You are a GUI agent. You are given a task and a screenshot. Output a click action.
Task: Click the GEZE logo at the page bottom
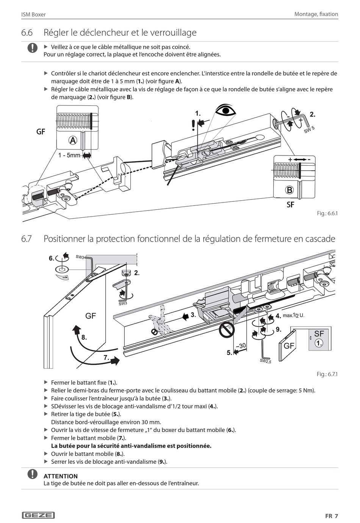[39, 515]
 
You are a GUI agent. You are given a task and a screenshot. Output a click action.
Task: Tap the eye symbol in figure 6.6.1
[225, 110]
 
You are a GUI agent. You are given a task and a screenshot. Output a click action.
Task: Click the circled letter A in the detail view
[73, 141]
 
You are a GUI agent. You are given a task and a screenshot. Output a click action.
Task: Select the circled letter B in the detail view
[289, 190]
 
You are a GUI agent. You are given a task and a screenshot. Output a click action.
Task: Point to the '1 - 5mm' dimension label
[69, 155]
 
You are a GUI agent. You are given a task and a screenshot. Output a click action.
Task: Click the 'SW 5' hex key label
[309, 130]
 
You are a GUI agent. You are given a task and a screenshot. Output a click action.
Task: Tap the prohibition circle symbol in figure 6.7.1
[227, 330]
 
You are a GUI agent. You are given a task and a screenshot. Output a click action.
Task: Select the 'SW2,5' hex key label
[266, 361]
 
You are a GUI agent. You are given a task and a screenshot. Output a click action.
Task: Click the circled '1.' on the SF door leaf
[319, 343]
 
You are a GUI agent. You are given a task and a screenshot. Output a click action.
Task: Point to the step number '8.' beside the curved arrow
[84, 338]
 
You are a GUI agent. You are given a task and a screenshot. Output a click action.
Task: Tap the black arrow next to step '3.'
[185, 317]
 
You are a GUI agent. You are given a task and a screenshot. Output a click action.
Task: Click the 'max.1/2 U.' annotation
[294, 316]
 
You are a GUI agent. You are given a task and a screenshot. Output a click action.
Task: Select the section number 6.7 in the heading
[27, 239]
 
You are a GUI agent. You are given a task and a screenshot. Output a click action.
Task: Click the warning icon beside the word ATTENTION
[33, 474]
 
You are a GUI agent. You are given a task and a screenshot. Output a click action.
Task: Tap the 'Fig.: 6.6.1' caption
[327, 213]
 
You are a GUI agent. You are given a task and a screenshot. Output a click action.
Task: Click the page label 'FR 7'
[332, 516]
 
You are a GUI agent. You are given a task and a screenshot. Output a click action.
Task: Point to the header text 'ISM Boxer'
[33, 14]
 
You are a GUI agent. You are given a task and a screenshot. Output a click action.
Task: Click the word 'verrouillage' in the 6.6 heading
[173, 33]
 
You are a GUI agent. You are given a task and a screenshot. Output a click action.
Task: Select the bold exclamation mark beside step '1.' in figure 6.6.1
[193, 126]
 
